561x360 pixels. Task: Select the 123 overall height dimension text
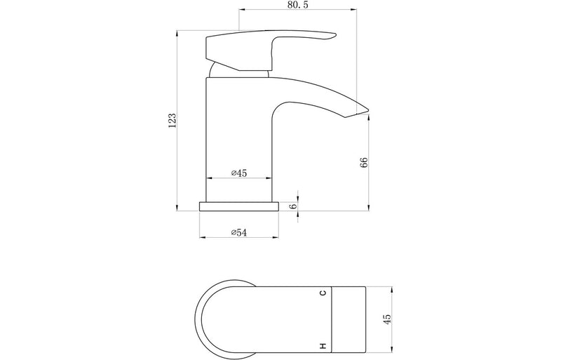pos(171,120)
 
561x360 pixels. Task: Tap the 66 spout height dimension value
pos(364,163)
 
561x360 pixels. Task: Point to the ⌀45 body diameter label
pos(239,173)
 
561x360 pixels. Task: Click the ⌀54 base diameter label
pos(239,232)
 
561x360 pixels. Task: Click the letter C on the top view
pos(323,293)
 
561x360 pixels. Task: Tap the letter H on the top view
pos(323,345)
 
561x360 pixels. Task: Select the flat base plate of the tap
pos(239,206)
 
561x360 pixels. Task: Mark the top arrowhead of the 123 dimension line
pos(177,32)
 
